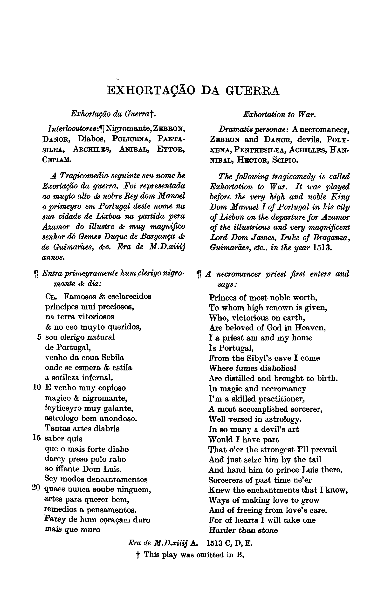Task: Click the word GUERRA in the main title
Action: click(252, 91)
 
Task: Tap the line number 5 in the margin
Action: click(39, 337)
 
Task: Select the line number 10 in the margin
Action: click(37, 388)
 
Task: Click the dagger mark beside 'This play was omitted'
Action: click(137, 555)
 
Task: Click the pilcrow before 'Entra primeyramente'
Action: click(36, 275)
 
